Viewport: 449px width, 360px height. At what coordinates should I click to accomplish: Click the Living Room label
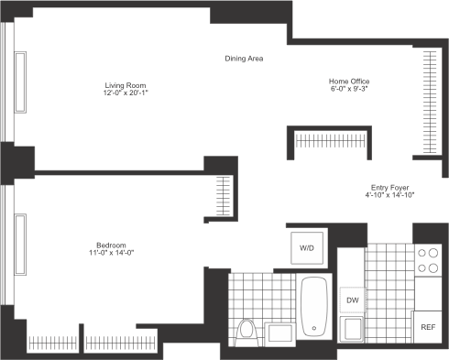point(126,85)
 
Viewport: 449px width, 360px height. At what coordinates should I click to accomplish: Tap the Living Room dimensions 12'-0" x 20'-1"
point(126,93)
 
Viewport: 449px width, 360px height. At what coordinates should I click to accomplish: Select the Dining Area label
point(244,59)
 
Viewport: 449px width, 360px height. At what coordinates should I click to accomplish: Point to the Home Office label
point(349,82)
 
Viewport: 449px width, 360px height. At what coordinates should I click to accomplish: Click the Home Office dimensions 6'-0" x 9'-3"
point(349,89)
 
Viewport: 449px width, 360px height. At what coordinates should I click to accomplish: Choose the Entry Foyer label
point(389,188)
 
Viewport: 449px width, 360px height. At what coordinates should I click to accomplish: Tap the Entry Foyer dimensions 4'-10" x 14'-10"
point(389,195)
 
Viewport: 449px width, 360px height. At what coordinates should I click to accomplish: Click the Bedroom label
point(111,245)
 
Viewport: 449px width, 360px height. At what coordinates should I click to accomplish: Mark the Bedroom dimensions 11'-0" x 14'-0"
point(112,253)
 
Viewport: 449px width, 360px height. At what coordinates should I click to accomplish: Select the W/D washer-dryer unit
point(307,248)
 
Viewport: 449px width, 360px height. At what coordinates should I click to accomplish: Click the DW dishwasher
point(353,300)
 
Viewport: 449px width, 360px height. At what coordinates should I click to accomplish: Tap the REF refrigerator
point(428,327)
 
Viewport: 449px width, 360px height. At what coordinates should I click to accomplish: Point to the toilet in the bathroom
point(246,333)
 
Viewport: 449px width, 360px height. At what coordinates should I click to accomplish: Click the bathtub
point(314,306)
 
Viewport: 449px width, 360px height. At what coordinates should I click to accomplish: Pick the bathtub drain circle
point(314,328)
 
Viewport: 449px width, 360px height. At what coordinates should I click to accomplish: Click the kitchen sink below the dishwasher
point(352,329)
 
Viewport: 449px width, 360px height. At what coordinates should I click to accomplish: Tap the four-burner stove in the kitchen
point(428,260)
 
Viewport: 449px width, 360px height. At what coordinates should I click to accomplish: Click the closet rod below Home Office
point(331,141)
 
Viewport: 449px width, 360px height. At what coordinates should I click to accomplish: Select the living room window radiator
point(20,82)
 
